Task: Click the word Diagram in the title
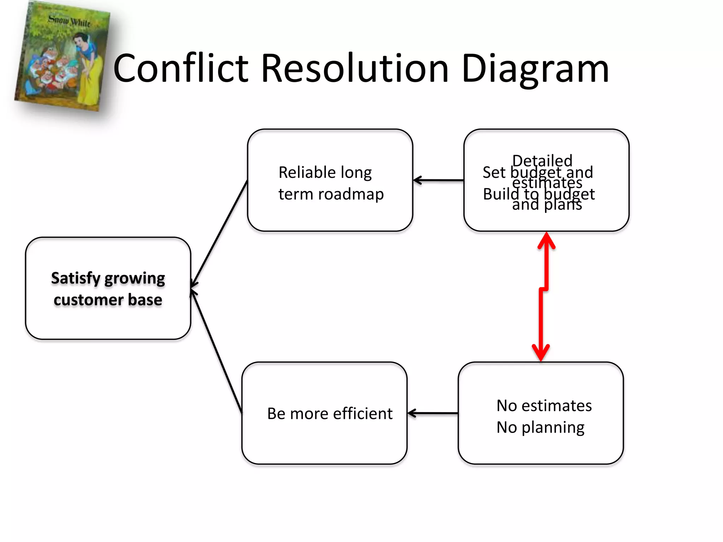tap(535, 69)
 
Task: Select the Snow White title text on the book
tap(69, 21)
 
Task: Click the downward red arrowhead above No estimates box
tap(541, 353)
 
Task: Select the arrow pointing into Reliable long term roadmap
tap(438, 180)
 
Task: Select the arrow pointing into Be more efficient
tap(432, 413)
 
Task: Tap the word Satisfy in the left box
tap(76, 279)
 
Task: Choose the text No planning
tap(540, 427)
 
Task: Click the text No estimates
tap(544, 406)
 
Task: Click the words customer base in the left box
tap(108, 300)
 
